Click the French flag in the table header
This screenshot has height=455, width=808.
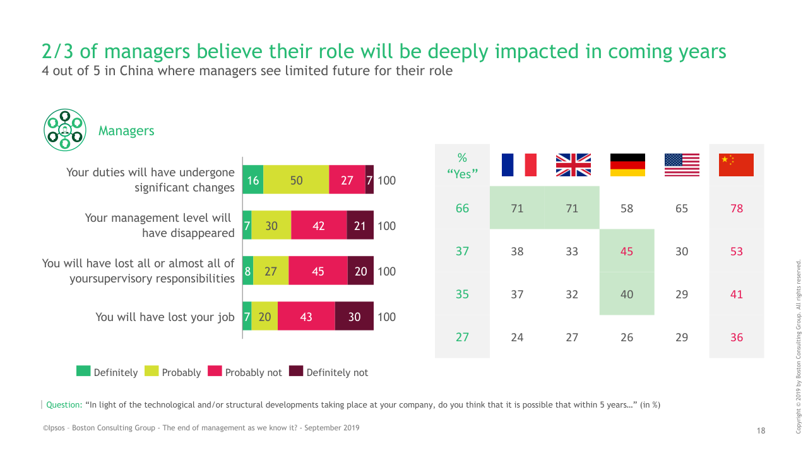click(x=518, y=165)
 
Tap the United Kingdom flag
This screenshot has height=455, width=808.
click(x=573, y=165)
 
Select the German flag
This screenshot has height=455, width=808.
click(x=627, y=165)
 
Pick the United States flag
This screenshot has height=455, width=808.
click(x=682, y=165)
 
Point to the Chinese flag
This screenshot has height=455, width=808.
click(x=737, y=165)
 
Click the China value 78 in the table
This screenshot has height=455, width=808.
click(x=737, y=209)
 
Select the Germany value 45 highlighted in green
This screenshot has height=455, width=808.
click(x=627, y=252)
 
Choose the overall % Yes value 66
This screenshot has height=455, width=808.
click(x=462, y=209)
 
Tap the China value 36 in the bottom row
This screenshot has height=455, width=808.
click(x=737, y=337)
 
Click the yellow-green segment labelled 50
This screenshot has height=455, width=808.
click(x=296, y=180)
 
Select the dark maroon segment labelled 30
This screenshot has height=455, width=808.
click(x=354, y=317)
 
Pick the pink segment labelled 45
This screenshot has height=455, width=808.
click(x=318, y=271)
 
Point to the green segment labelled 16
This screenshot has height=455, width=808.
click(x=252, y=180)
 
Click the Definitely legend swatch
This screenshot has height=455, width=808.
click(x=83, y=372)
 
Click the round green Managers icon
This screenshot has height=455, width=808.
click(x=64, y=130)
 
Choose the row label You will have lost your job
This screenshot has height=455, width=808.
click(x=165, y=317)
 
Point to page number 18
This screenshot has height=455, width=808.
click(x=761, y=430)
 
